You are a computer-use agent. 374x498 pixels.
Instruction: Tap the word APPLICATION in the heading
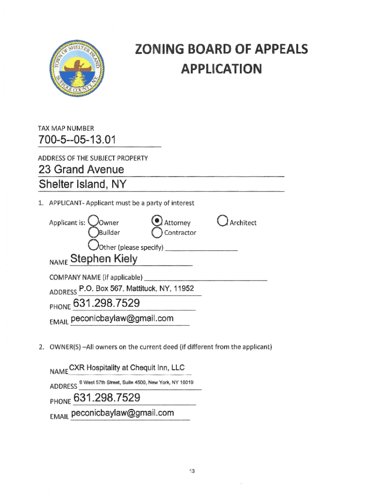(221, 69)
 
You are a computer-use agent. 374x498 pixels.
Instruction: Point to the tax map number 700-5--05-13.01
(77, 141)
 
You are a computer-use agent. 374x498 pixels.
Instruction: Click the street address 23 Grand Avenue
(81, 170)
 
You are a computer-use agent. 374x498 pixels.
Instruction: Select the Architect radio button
(223, 221)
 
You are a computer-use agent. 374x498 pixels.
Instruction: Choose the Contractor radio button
(156, 232)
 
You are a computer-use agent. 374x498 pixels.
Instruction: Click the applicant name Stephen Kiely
(104, 259)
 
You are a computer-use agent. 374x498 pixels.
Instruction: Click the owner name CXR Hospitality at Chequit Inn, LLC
(127, 368)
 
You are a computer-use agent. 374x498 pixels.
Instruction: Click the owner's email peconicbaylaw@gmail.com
(122, 413)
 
